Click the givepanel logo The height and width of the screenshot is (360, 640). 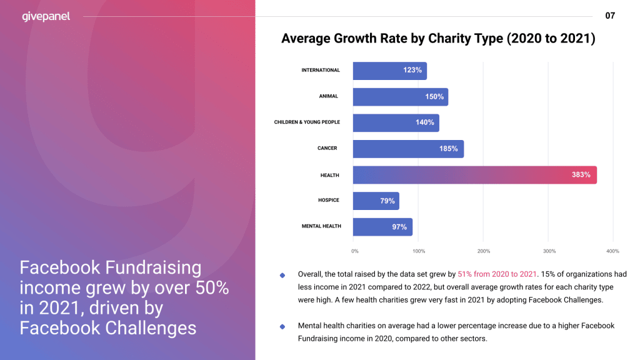(x=46, y=16)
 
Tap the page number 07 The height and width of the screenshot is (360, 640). (x=610, y=16)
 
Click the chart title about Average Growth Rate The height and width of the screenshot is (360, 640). (x=438, y=39)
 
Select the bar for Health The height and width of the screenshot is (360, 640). (x=474, y=175)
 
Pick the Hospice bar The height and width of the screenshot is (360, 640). (x=376, y=201)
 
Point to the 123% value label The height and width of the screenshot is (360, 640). (x=412, y=71)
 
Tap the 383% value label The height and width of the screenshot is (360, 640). (x=581, y=175)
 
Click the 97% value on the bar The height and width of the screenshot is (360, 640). (x=399, y=227)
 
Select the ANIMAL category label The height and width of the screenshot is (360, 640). (x=328, y=96)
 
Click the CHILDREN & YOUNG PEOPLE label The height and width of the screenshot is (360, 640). (x=307, y=122)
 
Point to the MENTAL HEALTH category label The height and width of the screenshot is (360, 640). (x=321, y=226)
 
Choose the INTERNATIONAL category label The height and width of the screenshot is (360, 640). (x=321, y=70)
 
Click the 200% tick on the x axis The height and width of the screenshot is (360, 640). (x=483, y=251)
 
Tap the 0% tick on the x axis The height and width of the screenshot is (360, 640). (x=355, y=251)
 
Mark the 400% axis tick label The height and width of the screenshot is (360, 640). (x=612, y=251)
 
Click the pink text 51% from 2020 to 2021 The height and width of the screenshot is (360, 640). (x=497, y=274)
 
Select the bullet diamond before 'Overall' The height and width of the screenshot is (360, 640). (x=282, y=275)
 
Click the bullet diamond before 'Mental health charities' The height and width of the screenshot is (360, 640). (x=282, y=326)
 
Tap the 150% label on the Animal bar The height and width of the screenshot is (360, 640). (x=434, y=97)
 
